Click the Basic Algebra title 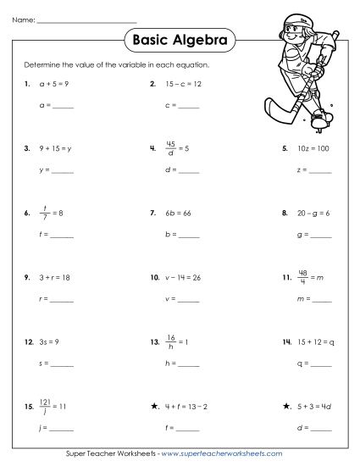(x=180, y=38)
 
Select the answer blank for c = (x=188, y=108)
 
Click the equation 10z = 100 (x=313, y=148)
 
